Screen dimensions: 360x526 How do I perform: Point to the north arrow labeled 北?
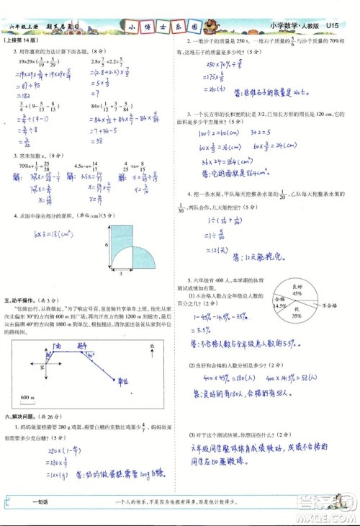pos(151,349)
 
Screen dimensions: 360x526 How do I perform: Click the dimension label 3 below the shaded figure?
pos(120,274)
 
